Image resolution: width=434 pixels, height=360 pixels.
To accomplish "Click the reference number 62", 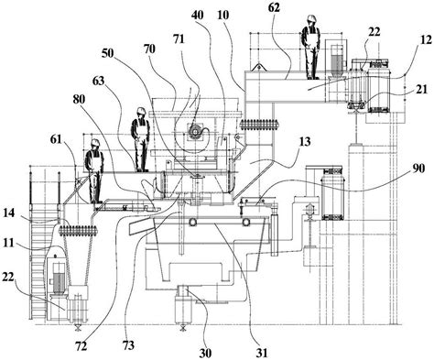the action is (274, 8).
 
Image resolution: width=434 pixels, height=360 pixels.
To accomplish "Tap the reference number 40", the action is (199, 15).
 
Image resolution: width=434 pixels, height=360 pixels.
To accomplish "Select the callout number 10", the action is (223, 15).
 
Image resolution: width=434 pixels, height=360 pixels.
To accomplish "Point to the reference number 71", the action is (179, 39).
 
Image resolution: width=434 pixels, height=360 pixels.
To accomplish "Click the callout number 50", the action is (107, 53).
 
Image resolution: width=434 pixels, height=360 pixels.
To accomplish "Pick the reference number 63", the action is (98, 82).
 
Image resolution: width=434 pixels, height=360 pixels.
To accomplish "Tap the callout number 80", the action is (79, 99).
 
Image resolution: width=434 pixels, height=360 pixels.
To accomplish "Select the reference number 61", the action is (57, 140).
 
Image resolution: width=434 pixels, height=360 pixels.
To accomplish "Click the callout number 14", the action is (9, 213).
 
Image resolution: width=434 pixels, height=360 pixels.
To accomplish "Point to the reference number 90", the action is (418, 169).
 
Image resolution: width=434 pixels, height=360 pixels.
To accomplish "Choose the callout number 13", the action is (305, 141).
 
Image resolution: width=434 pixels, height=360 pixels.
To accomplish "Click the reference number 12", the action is (427, 39).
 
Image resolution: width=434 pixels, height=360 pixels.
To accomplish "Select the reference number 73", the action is (128, 345).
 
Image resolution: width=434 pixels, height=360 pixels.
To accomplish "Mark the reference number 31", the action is (262, 353).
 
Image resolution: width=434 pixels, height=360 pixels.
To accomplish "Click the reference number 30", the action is (205, 354).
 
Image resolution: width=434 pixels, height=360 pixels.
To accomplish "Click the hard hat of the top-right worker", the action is (310, 18).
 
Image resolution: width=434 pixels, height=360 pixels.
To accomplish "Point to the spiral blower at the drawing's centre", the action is (194, 132).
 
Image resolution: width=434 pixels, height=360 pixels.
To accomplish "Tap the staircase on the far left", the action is (38, 268).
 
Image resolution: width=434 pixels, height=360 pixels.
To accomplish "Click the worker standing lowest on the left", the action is (94, 171).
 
